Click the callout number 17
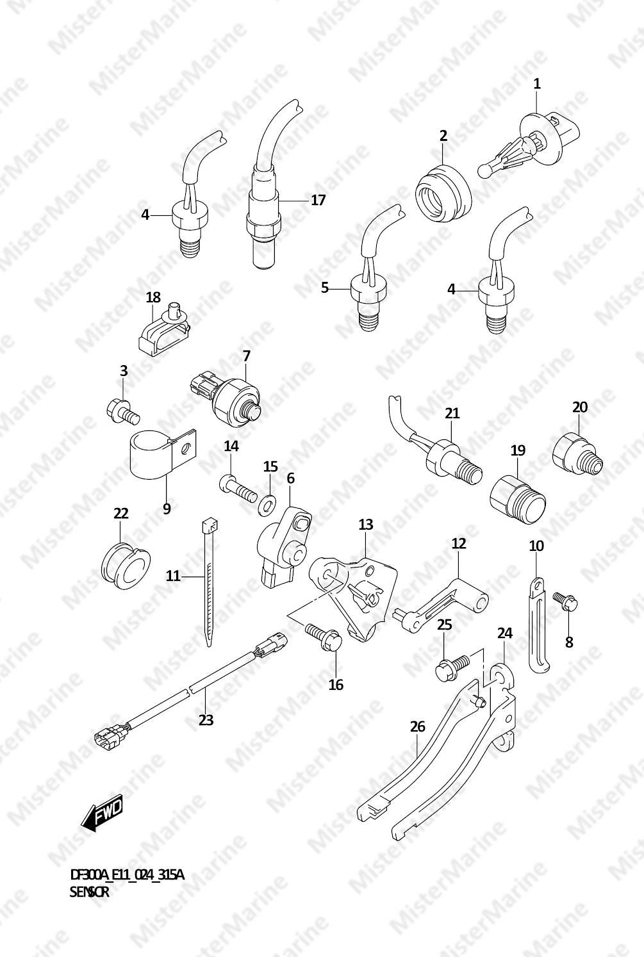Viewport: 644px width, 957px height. (317, 200)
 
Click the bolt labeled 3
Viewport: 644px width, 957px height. (122, 411)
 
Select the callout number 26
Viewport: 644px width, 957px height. (418, 726)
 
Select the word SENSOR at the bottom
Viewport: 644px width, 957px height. (90, 892)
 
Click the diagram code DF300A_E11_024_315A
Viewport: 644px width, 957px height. (127, 876)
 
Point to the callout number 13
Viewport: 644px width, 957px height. (366, 524)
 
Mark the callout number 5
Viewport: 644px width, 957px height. (325, 288)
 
